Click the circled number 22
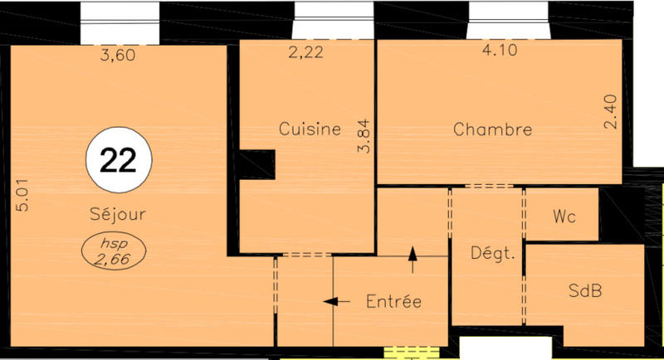tap(118, 160)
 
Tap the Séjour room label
tap(117, 214)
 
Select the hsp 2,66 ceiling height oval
tap(116, 251)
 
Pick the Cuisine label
tap(310, 129)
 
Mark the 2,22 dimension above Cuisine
tap(305, 54)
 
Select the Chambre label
tap(492, 130)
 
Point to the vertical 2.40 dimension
tap(610, 112)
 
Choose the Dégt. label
tap(493, 253)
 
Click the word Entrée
tap(393, 301)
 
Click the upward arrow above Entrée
tap(413, 259)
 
